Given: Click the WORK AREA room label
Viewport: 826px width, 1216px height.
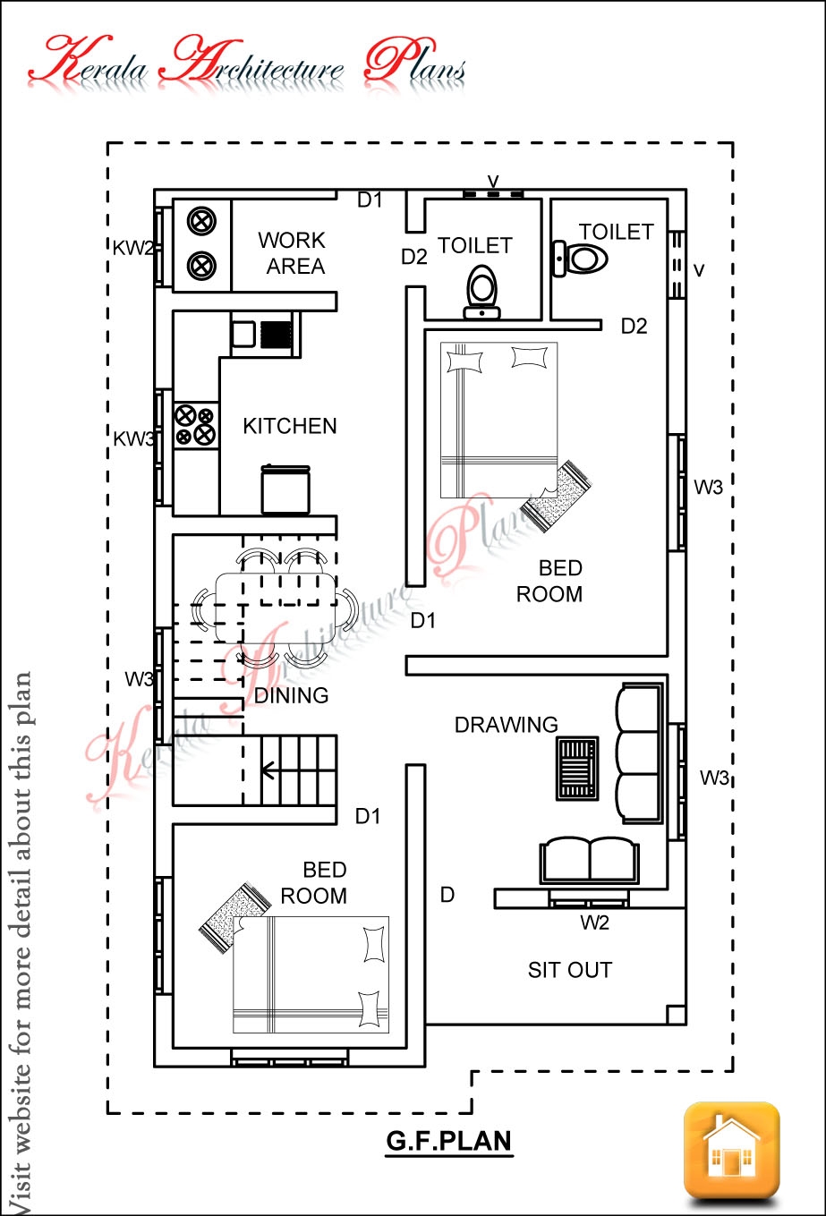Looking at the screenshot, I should [x=293, y=253].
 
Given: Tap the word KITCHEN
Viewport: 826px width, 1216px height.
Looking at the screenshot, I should [x=290, y=426].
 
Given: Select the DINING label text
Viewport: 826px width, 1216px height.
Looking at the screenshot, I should [x=291, y=695].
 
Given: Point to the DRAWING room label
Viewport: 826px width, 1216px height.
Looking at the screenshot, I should [x=506, y=725].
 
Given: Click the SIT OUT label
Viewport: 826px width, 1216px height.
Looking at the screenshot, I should [x=570, y=970].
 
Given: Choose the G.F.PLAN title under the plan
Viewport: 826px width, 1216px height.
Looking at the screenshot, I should [x=449, y=1142].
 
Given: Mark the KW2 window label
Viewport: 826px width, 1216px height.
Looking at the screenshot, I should [x=132, y=249].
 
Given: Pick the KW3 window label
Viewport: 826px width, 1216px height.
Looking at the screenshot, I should [x=132, y=438].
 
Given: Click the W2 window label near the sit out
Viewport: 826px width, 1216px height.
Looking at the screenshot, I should [x=594, y=923].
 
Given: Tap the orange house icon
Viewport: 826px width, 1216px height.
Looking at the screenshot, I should [x=731, y=1150].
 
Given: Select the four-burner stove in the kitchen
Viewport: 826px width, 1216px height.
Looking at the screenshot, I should [x=196, y=425].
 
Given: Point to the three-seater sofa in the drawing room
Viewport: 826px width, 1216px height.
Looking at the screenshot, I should [x=640, y=753].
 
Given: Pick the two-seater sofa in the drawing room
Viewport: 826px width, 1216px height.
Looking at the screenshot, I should [x=589, y=861].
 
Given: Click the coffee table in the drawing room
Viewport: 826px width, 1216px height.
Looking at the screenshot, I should [x=577, y=768].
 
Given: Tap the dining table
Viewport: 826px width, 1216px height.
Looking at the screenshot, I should [x=276, y=607].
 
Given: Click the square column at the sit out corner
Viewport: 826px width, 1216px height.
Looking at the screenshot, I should [x=677, y=1014].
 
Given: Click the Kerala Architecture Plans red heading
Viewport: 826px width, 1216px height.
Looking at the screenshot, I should [x=247, y=64].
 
